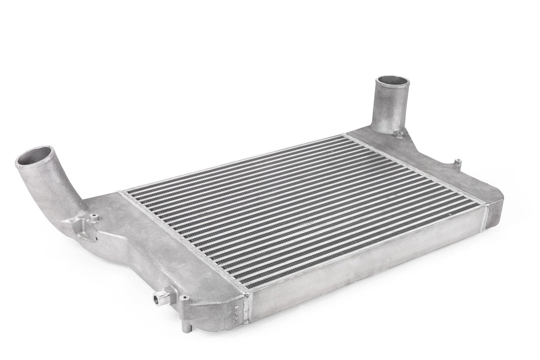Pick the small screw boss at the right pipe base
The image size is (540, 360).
pyautogui.click(x=399, y=134)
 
